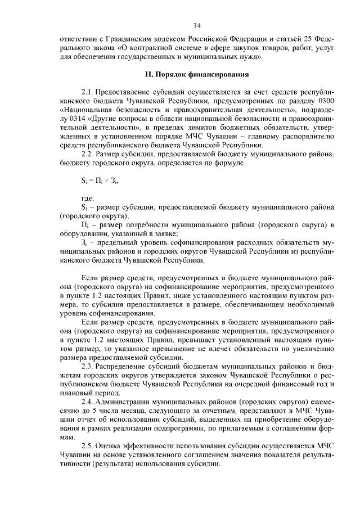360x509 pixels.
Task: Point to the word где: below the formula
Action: point(88,199)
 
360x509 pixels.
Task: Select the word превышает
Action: point(210,340)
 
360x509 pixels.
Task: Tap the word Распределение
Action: point(123,366)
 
